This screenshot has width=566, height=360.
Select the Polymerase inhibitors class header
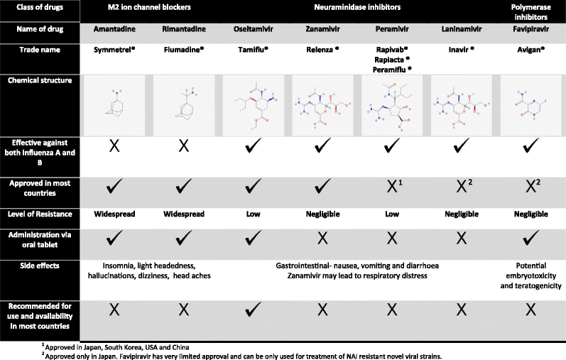[535, 12]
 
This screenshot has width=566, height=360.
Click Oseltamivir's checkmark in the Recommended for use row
[247, 310]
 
